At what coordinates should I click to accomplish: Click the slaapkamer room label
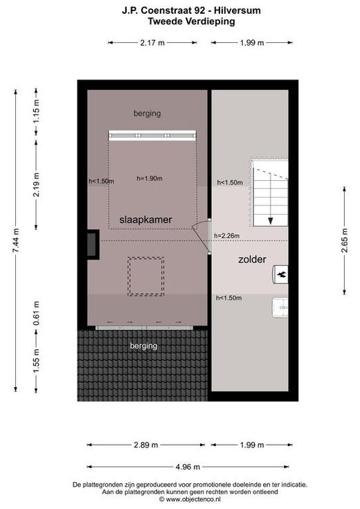(145, 220)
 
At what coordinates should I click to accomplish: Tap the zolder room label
(252, 260)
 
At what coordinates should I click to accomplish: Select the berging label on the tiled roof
(143, 346)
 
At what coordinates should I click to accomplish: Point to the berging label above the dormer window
(147, 114)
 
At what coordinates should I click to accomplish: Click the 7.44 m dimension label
(16, 240)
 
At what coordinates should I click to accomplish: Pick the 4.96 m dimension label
(188, 467)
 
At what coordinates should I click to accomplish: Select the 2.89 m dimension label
(146, 445)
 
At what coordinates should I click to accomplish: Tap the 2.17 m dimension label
(152, 42)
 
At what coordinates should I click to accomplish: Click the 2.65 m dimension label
(345, 240)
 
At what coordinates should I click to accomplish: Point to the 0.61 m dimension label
(37, 314)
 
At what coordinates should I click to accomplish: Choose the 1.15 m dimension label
(37, 110)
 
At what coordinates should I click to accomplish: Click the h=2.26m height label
(227, 235)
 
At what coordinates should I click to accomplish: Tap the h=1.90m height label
(150, 178)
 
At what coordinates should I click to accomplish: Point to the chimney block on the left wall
(93, 244)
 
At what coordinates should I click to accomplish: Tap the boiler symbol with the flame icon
(280, 275)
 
